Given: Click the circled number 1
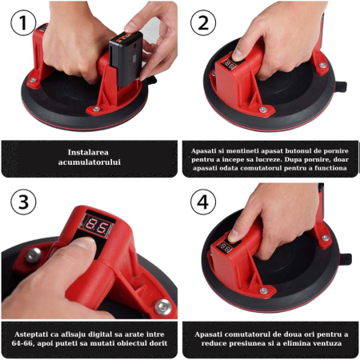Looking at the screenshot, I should (x=24, y=24).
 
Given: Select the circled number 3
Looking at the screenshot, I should (x=24, y=202).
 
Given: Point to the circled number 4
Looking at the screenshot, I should (x=204, y=202).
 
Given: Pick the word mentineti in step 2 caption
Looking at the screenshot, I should (x=242, y=149).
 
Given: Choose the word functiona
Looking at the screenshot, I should (x=322, y=168).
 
